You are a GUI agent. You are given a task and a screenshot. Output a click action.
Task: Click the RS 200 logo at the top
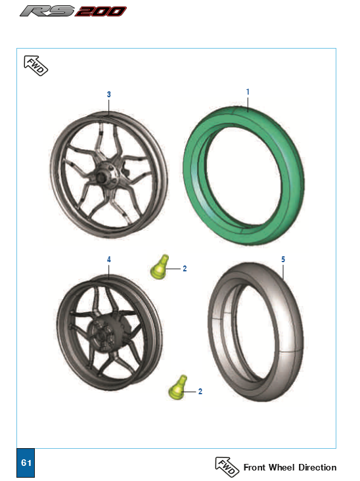pos(73,11)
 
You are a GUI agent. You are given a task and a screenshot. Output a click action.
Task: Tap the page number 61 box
pos(26,463)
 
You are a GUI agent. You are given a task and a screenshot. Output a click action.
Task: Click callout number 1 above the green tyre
pos(248,92)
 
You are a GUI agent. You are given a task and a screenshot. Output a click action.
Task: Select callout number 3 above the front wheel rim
pos(108,94)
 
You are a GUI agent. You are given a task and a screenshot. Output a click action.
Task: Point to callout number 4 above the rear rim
pos(108,260)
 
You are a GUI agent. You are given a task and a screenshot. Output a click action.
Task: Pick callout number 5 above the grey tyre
pos(283,260)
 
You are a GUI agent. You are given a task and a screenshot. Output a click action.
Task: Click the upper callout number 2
pos(185,269)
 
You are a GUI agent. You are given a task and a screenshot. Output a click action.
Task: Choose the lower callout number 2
pos(200,392)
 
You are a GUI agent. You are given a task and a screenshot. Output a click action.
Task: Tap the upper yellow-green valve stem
pos(160,267)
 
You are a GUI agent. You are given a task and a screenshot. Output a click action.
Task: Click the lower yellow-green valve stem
pos(178,388)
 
